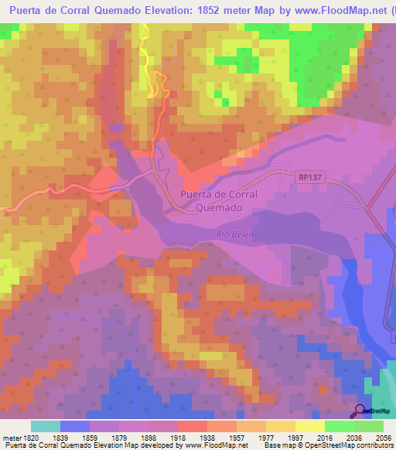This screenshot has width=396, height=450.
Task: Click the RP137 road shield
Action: (x=308, y=177)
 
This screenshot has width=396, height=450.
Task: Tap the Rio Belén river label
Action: (x=235, y=234)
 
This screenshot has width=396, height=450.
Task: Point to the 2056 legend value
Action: (x=383, y=438)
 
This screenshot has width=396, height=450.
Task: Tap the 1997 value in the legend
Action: (x=294, y=438)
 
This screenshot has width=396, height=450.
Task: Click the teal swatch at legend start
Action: (x=46, y=426)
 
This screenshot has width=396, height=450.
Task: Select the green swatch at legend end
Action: (x=368, y=426)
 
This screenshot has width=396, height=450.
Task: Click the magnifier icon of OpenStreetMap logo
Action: (x=360, y=411)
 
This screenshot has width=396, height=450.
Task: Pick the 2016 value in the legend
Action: (x=323, y=438)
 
